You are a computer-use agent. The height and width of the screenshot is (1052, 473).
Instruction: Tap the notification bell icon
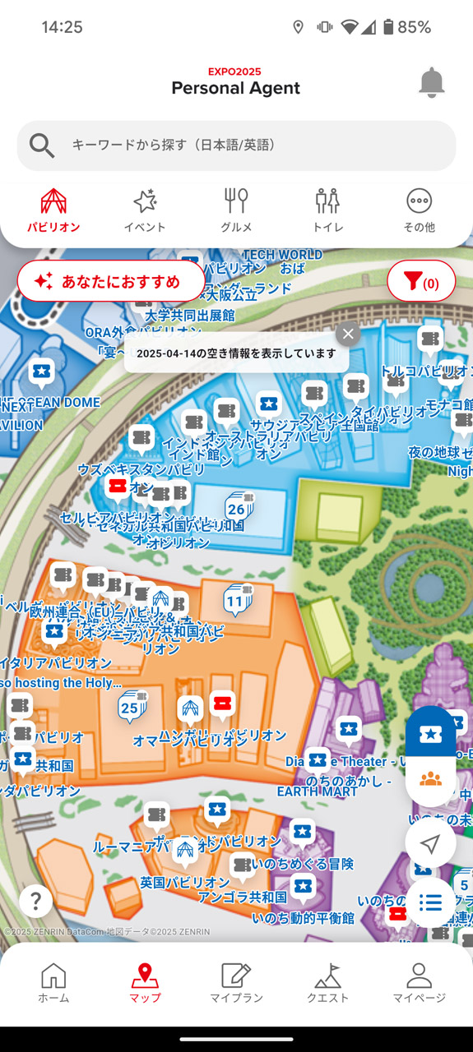431,83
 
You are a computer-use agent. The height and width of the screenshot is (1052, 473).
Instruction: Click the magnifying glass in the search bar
42,145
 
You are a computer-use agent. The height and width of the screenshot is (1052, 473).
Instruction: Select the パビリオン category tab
53,210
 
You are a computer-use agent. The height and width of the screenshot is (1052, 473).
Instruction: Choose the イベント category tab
145,210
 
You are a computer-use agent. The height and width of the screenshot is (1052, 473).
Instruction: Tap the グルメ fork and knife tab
236,210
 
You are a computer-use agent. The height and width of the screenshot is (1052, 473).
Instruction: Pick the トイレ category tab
327,210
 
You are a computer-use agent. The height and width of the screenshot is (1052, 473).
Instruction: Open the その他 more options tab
419,210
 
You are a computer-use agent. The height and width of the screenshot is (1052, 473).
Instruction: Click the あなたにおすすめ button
111,282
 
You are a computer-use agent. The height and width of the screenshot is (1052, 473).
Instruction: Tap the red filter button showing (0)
421,282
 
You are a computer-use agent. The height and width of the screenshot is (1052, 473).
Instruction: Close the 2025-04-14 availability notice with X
348,334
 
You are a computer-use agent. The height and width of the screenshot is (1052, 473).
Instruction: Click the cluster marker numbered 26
237,508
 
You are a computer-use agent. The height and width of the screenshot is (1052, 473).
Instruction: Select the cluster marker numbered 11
236,600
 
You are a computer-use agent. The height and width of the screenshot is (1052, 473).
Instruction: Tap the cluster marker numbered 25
130,707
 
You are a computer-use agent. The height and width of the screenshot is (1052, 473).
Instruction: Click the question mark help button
35,902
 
